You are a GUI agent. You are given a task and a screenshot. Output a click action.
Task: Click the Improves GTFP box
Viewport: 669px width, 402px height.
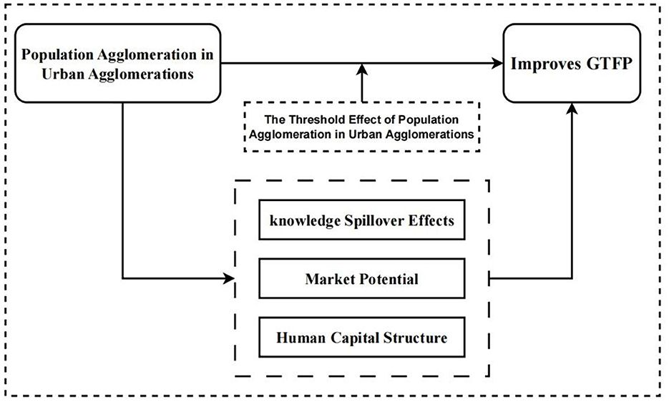tap(572, 63)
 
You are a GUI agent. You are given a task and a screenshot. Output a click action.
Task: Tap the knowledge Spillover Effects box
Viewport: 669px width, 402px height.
tap(361, 220)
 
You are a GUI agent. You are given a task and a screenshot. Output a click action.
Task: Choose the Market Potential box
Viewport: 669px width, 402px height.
tap(361, 278)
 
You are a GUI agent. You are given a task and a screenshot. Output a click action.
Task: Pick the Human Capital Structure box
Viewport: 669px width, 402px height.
tap(361, 335)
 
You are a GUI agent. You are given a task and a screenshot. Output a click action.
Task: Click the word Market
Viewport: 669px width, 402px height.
tap(328, 278)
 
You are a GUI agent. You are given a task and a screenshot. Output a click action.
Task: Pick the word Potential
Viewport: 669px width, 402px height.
tap(387, 278)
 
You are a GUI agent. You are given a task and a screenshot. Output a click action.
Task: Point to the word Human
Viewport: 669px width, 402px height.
tap(299, 335)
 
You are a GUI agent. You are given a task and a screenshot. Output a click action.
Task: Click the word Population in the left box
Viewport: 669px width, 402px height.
tap(58, 56)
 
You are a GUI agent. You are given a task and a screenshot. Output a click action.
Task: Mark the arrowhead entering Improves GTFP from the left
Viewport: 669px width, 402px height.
tap(497, 64)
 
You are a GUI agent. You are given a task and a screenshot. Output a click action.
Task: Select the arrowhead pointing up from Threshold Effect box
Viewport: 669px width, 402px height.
tap(362, 69)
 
